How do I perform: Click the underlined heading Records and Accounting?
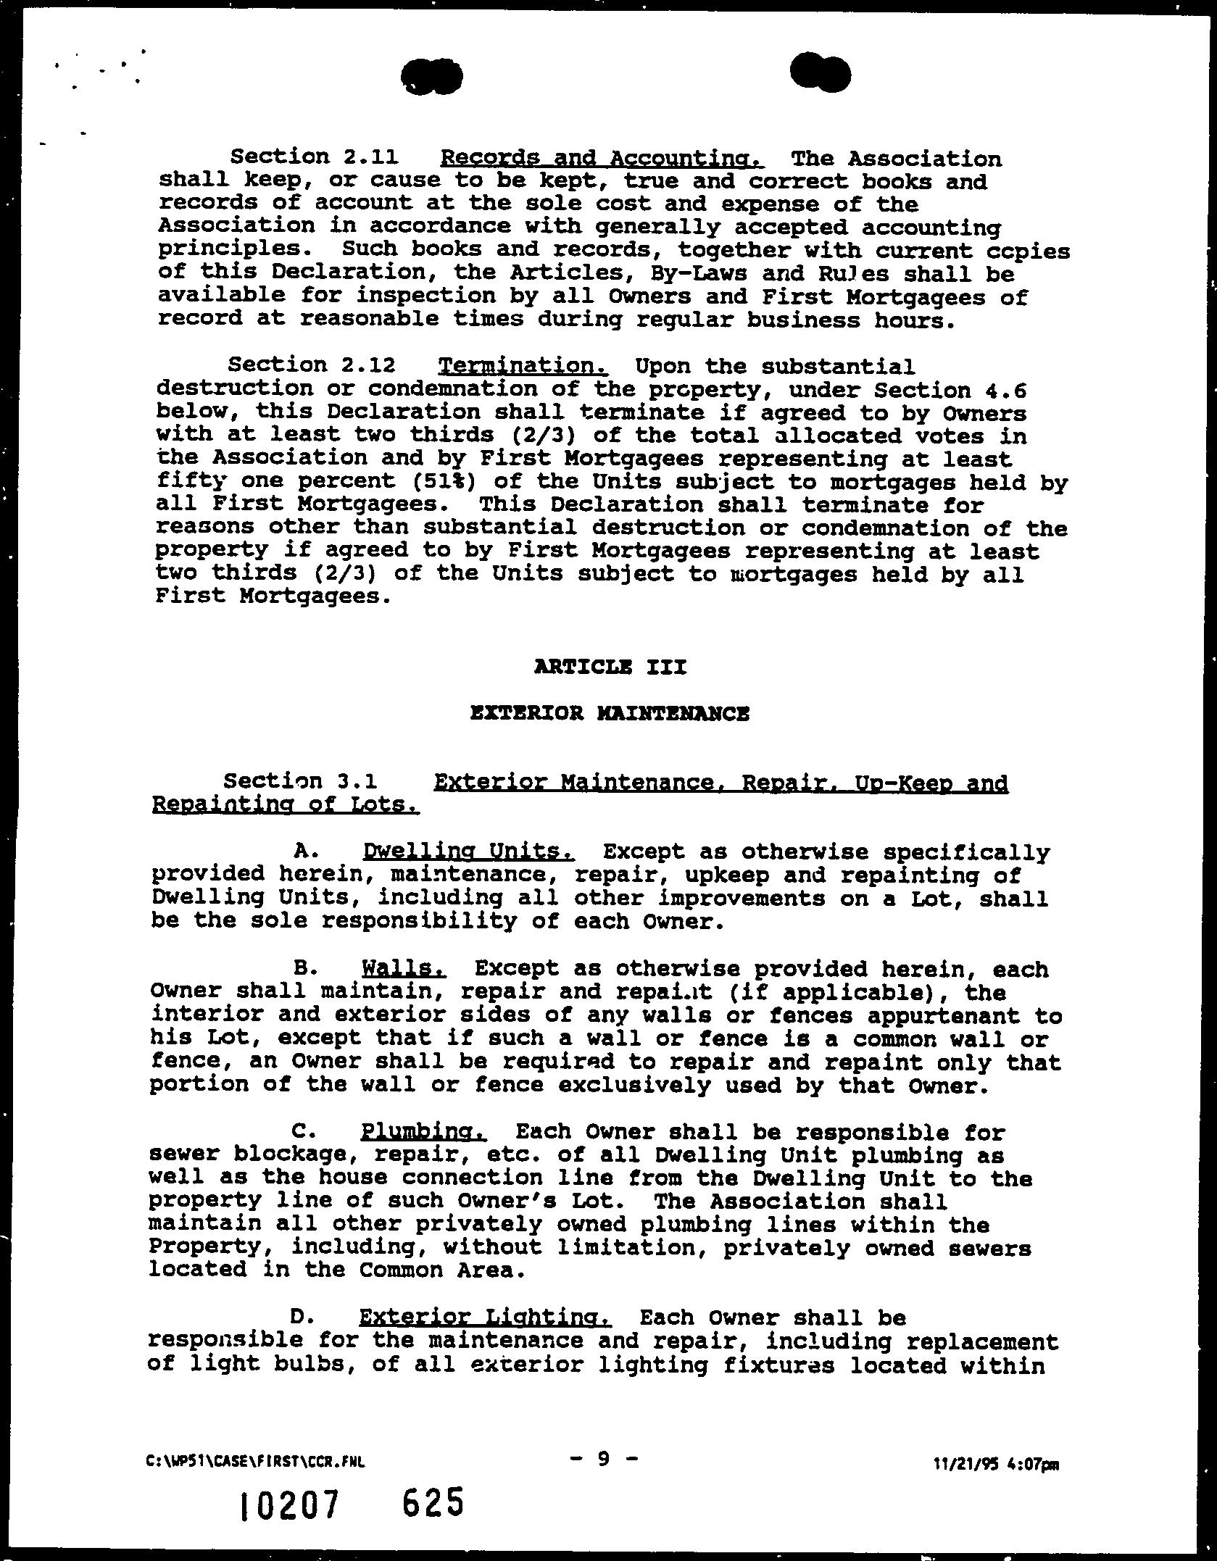(x=602, y=158)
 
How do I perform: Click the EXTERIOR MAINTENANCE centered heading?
(x=609, y=714)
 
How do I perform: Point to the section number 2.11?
(x=364, y=157)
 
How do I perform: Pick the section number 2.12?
(x=364, y=365)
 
